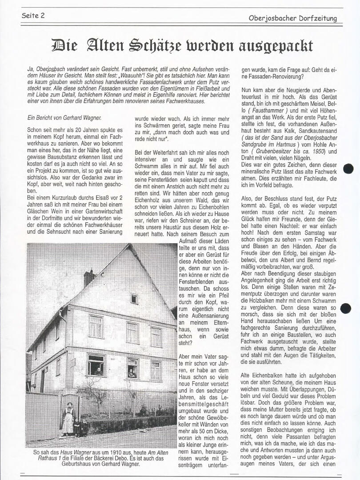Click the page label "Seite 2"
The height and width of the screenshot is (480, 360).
33,16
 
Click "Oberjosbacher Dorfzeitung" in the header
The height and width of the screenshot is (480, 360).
292,18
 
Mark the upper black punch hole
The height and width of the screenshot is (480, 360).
348,168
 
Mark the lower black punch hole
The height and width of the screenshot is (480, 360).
346,308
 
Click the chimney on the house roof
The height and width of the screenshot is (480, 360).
89,278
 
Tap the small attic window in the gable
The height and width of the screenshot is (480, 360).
134,299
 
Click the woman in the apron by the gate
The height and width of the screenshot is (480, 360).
68,419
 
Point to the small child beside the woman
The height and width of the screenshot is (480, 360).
77,428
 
